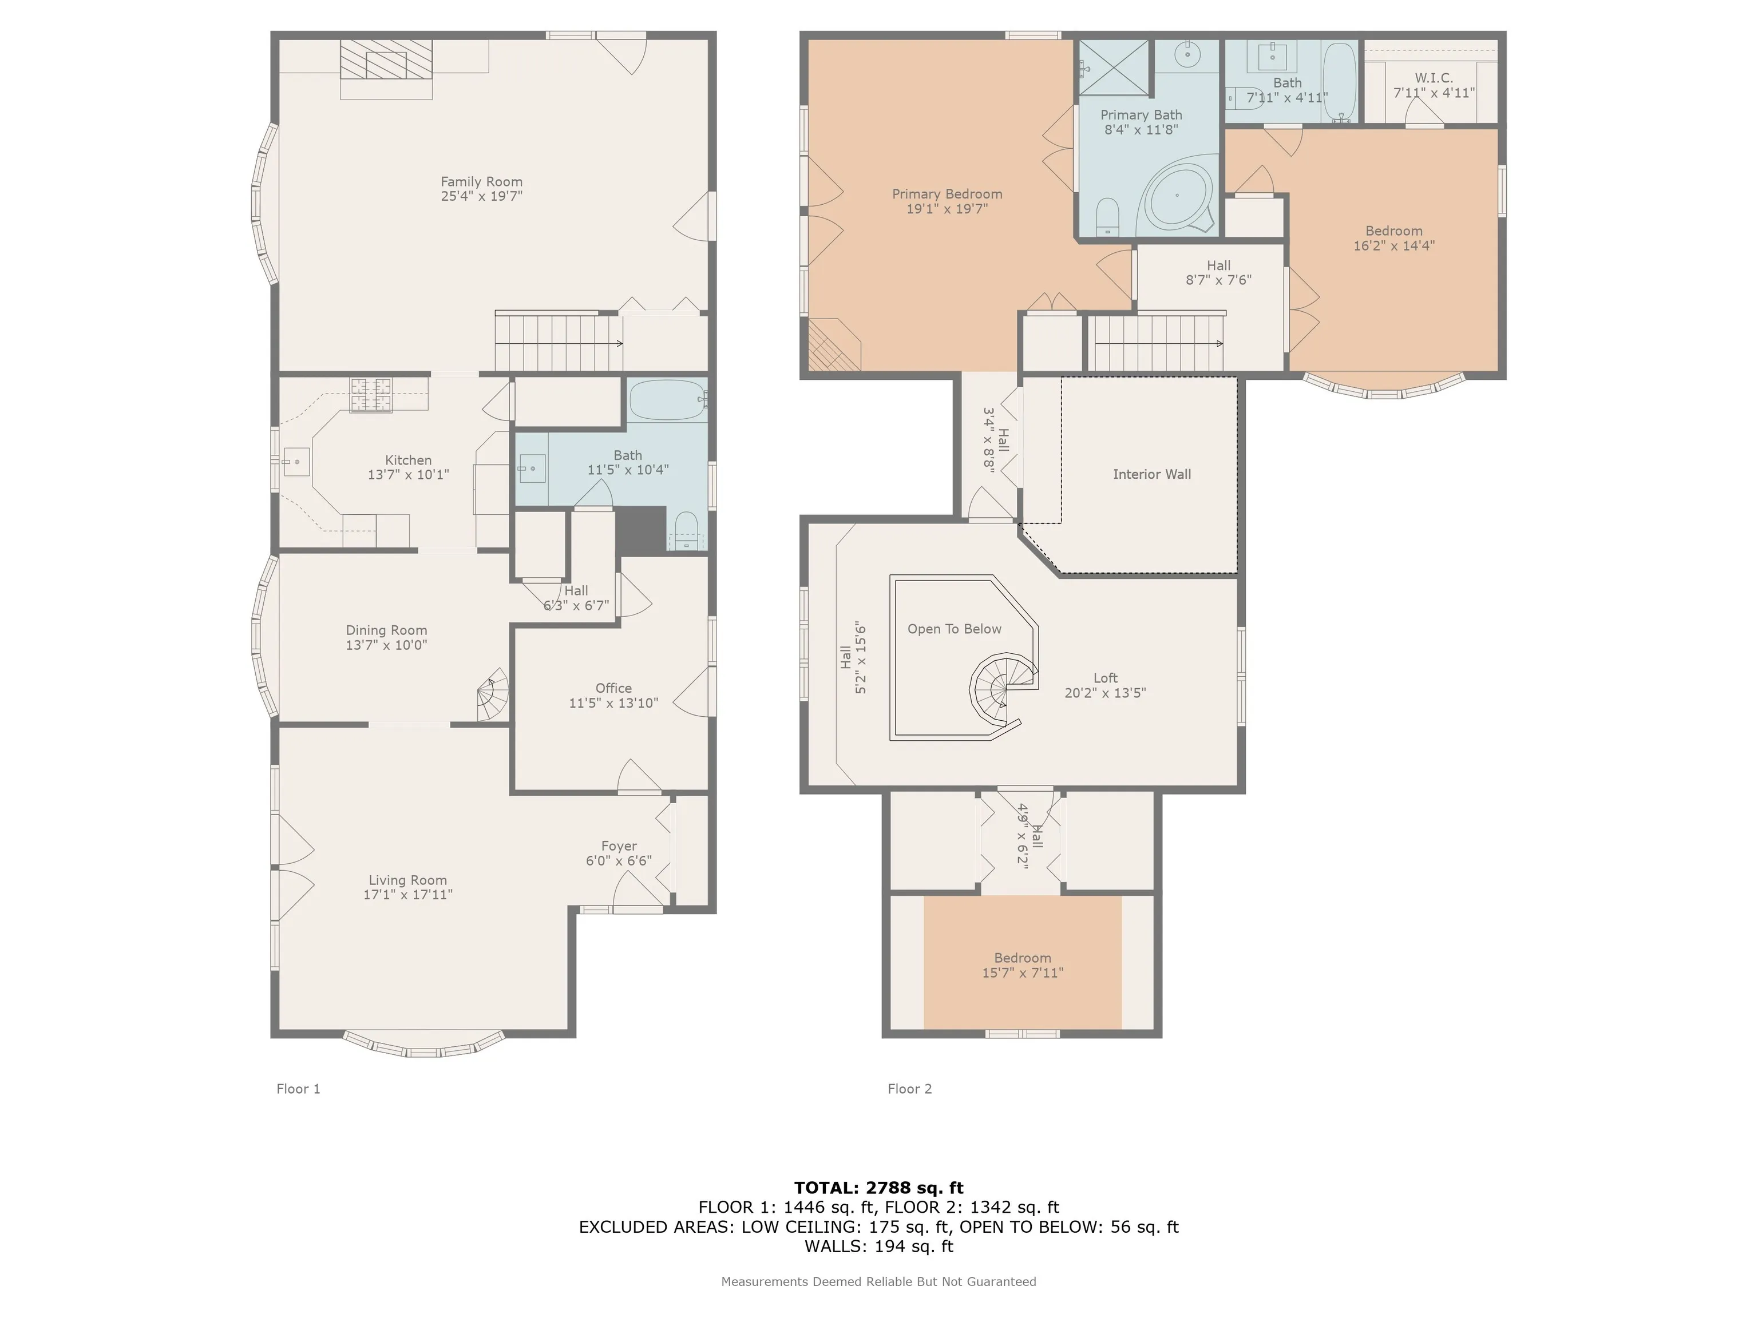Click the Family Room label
(482, 182)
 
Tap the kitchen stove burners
(371, 395)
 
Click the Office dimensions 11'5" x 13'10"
(613, 703)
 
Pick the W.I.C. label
(1434, 78)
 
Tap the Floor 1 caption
(298, 1089)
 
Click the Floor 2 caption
(910, 1089)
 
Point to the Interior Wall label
(1151, 474)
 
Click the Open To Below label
(955, 629)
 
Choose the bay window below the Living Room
(423, 1045)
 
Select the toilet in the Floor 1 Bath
(685, 530)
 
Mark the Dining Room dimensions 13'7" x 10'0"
(386, 645)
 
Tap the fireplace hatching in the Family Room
(386, 59)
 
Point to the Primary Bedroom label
(947, 194)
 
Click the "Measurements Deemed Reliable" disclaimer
(879, 1281)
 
